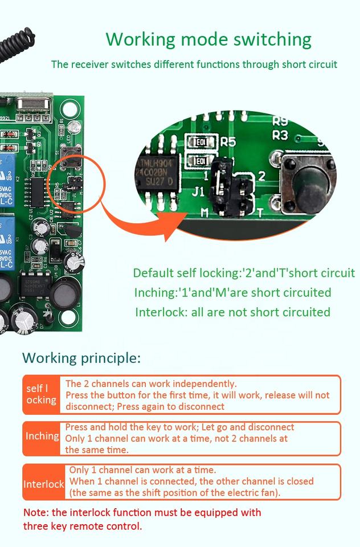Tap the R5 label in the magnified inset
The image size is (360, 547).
(228, 142)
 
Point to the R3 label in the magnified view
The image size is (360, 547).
(280, 136)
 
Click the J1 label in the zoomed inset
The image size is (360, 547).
(198, 192)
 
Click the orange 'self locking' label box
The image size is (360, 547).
(41, 394)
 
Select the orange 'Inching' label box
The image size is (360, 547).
(42, 436)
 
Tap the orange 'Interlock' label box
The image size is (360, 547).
(43, 484)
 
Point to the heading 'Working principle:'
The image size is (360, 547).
(81, 358)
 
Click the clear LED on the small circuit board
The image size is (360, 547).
(72, 126)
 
